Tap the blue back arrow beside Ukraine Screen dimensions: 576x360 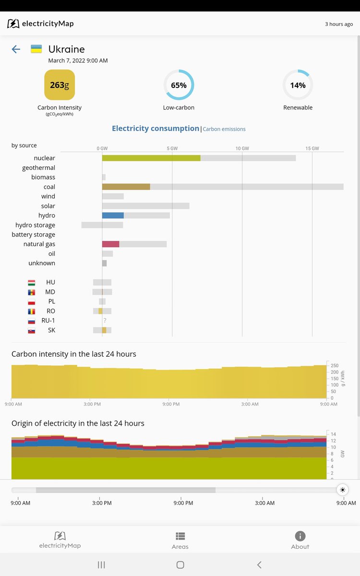click(16, 49)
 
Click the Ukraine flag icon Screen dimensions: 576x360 click(36, 49)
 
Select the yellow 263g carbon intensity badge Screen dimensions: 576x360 click(60, 85)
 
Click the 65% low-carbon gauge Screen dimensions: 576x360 click(179, 85)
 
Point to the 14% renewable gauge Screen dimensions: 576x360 click(298, 85)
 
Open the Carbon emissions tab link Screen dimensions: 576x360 click(224, 129)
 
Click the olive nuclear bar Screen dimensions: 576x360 click(151, 158)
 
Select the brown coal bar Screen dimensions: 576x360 click(126, 187)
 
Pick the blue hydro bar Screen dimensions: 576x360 click(113, 216)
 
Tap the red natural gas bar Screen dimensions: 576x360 click(110, 244)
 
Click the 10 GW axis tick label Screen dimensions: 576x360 click(242, 148)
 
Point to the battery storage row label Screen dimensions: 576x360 click(34, 235)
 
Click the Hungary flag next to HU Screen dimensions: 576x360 click(32, 282)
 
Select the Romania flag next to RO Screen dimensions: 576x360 click(32, 311)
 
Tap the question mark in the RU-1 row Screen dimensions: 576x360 click(105, 321)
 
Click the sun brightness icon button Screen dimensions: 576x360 click(342, 490)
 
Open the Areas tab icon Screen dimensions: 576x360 click(180, 536)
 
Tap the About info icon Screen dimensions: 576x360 click(300, 536)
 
